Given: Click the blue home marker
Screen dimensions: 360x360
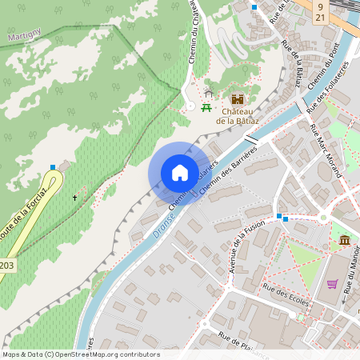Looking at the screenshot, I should tap(180, 173).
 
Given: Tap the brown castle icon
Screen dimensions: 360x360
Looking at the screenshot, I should tap(238, 99).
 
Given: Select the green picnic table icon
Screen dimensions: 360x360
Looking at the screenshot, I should tap(206, 107).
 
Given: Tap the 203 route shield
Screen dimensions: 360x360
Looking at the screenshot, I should tap(6, 265).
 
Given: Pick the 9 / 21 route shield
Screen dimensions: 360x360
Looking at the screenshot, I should tap(320, 10).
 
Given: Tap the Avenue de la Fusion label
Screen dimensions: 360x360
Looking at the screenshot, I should tap(238, 247).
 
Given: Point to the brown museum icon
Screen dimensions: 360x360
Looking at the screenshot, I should tap(344, 240).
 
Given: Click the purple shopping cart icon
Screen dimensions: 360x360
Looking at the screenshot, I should tap(332, 284).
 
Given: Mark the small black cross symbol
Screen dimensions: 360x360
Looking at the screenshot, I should tap(75, 197).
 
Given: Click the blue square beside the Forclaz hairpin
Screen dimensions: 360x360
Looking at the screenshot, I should tap(53, 167).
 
